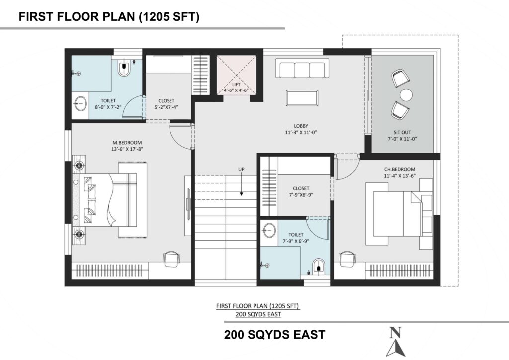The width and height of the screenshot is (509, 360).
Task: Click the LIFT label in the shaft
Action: (x=236, y=85)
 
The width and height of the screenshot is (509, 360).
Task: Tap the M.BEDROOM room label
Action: (x=127, y=143)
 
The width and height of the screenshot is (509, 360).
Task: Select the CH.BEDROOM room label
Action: (x=400, y=169)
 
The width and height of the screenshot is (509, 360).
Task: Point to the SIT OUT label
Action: (x=402, y=132)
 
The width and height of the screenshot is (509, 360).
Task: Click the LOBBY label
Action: (x=301, y=126)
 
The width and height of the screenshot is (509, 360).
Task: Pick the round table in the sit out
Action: (x=406, y=95)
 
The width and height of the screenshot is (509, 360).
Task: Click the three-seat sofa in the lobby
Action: (x=302, y=68)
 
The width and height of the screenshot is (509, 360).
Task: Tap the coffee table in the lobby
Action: (x=302, y=98)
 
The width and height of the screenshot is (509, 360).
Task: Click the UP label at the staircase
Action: (x=241, y=169)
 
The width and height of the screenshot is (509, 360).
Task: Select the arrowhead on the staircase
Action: (x=241, y=194)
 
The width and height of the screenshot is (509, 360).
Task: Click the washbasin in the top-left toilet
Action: (x=80, y=104)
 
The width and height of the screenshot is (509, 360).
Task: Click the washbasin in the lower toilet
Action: (x=269, y=231)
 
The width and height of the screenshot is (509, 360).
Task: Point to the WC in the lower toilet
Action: (x=319, y=267)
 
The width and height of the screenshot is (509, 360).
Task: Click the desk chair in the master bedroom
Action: (x=171, y=259)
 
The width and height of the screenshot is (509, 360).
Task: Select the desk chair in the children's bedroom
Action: (x=347, y=259)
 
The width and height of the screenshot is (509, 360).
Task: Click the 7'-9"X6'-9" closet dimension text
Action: (x=301, y=195)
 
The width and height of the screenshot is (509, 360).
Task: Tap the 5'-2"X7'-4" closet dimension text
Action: (x=167, y=107)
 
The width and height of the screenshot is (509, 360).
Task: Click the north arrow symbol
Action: (x=396, y=343)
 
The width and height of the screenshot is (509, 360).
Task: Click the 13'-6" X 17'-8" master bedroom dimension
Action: (x=127, y=149)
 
